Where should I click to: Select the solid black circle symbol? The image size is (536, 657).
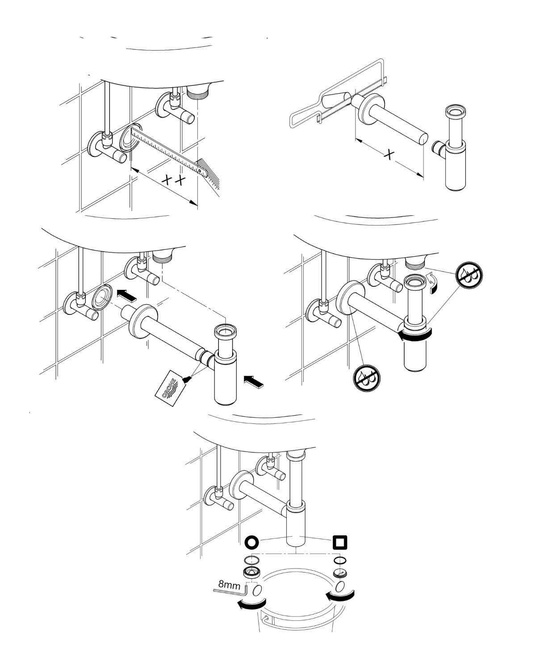coord(251,542)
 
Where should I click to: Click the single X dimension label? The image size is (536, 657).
coord(390,155)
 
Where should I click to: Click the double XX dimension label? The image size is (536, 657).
coord(172,180)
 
